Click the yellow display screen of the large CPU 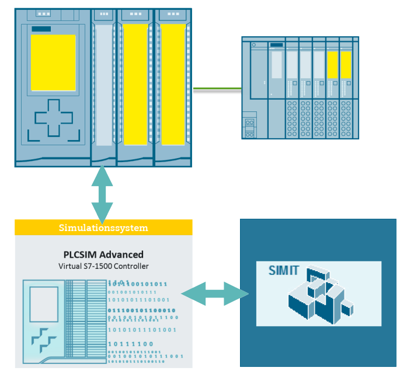tap(53, 62)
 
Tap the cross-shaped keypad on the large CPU tap(54, 118)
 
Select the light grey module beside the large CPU tap(103, 85)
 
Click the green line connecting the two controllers tap(217, 89)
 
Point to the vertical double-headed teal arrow tap(102, 195)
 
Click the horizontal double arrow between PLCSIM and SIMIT tap(215, 293)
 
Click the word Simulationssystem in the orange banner tap(103, 228)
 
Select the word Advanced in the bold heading tap(121, 255)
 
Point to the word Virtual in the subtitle tap(70, 266)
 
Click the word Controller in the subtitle tap(131, 266)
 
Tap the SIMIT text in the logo tap(284, 271)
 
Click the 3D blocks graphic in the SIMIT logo tap(321, 295)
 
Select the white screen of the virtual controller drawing tap(44, 304)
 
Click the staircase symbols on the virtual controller tap(44, 340)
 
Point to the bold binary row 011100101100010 tap(141, 310)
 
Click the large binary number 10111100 tap(131, 344)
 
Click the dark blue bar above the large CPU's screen tap(41, 29)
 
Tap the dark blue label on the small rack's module tap(277, 45)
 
